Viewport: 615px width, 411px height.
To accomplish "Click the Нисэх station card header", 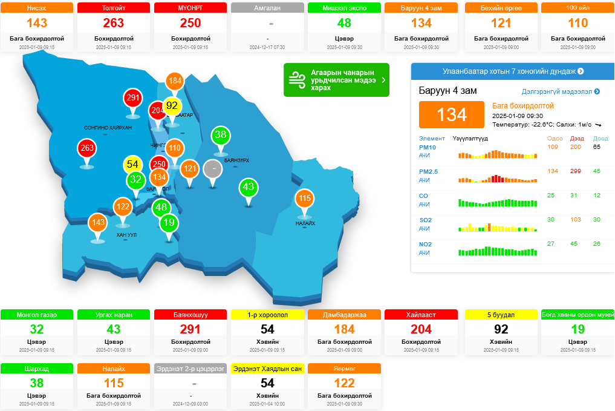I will click(x=37, y=8).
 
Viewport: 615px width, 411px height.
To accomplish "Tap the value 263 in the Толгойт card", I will click(x=114, y=23).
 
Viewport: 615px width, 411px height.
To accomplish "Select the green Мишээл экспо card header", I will click(x=344, y=8).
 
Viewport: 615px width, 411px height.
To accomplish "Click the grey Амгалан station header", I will click(x=268, y=8).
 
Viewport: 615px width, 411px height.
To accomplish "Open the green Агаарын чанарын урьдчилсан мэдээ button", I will click(x=336, y=80).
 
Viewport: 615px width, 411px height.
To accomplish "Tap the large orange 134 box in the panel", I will click(x=452, y=114).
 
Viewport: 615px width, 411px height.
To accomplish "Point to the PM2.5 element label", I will click(x=428, y=171).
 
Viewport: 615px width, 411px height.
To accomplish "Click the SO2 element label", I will click(x=426, y=220).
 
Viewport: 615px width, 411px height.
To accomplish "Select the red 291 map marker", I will click(x=132, y=98).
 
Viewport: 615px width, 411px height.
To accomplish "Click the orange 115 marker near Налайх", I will click(x=304, y=199).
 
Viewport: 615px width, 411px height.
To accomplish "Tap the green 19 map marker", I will click(x=169, y=223).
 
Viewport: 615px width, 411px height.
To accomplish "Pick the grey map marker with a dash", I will click(x=212, y=168).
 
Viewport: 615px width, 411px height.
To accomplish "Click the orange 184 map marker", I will click(x=175, y=81).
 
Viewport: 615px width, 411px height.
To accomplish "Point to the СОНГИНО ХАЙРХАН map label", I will click(x=108, y=128).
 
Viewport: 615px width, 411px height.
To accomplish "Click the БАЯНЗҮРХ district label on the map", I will click(x=236, y=160).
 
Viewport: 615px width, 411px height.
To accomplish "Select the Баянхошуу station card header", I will click(x=190, y=315).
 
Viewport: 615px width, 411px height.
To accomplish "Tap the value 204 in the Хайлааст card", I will click(x=421, y=329).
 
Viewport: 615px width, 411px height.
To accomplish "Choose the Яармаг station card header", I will click(x=344, y=368).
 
